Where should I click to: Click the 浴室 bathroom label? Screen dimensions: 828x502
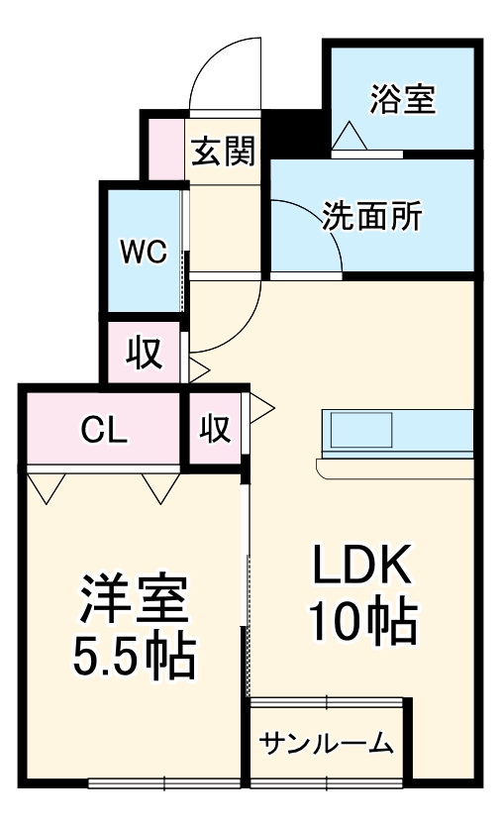click(402, 99)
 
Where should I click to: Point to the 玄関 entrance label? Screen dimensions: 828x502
click(223, 152)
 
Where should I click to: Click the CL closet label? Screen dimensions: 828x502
click(103, 431)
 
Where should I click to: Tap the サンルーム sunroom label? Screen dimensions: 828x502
click(327, 745)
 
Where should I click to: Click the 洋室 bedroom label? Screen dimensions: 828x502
click(134, 597)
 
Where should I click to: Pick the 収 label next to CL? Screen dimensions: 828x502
click(216, 430)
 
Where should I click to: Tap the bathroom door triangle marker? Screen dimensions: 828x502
click(350, 136)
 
